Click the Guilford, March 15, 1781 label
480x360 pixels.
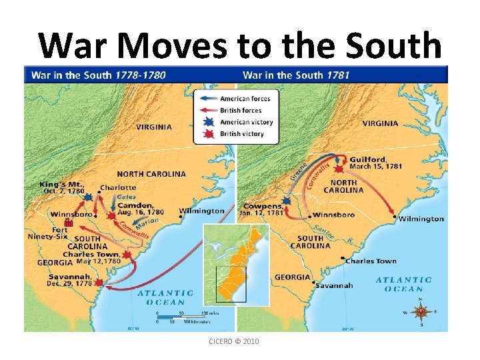coord(374,163)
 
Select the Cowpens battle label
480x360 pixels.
coord(263,210)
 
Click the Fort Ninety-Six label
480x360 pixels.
coord(47,233)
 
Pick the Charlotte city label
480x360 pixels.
coord(118,187)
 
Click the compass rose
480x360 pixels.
coord(421,311)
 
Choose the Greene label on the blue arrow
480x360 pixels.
coord(299,171)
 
